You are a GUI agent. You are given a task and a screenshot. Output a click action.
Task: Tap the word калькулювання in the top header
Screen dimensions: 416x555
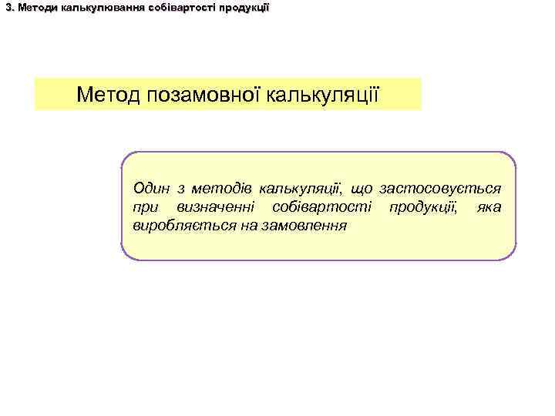[89, 8]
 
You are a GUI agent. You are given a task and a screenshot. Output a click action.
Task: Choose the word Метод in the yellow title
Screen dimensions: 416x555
[108, 95]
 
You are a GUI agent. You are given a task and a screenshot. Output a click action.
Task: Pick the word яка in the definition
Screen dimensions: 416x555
[489, 207]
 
